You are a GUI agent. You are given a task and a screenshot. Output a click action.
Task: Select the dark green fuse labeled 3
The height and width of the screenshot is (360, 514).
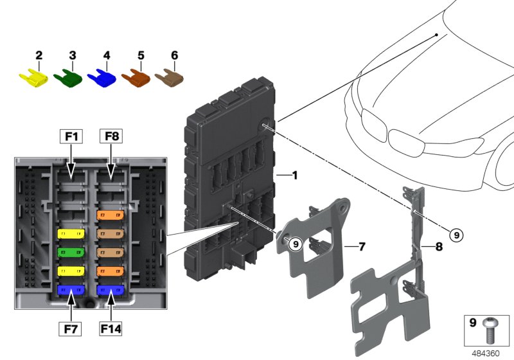coord(67,79)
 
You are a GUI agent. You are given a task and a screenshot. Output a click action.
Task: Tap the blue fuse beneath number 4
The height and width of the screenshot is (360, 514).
coord(101,78)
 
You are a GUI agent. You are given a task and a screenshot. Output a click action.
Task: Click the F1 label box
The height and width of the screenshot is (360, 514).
coord(71,136)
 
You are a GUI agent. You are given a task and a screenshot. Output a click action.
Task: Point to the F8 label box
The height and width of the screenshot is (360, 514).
coord(110,136)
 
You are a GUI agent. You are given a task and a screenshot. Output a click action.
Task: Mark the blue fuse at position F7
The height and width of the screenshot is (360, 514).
coord(70,291)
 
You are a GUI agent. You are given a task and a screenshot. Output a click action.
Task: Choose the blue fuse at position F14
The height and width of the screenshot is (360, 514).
coord(110,291)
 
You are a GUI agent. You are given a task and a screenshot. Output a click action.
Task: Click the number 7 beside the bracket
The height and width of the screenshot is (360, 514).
coord(362,246)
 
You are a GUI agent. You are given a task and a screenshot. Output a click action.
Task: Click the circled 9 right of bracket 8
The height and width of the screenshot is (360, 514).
coord(456,236)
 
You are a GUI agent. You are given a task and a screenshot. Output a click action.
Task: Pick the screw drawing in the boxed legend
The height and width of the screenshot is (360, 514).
coord(491,330)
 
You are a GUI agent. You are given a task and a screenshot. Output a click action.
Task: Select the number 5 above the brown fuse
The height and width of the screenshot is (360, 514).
coord(140,56)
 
